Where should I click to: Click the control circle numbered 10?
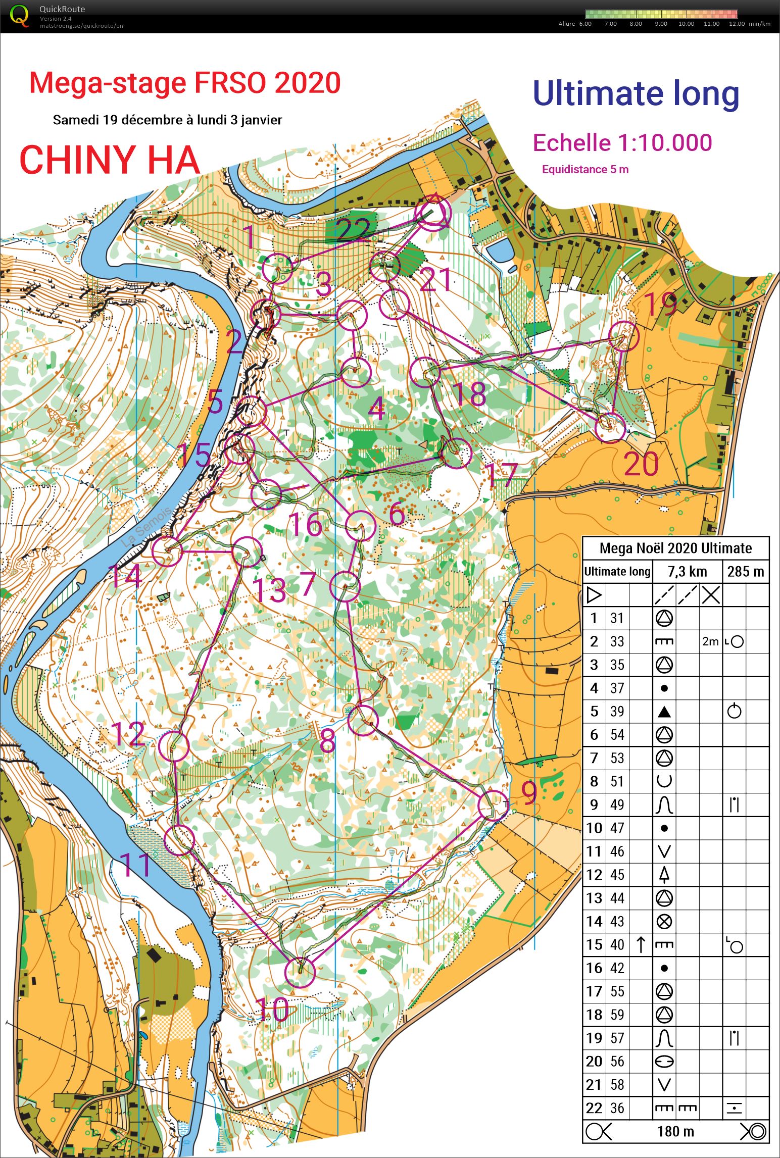point(300,972)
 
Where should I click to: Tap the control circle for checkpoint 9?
point(493,805)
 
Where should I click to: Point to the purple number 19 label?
point(661,305)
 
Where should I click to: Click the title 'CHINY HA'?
point(110,160)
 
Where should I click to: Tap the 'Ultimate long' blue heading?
point(636,94)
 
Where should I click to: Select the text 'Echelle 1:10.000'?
point(622,143)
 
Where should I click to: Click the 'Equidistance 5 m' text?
point(585,170)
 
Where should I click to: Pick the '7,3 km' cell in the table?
point(687,572)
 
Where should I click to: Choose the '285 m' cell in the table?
point(745,572)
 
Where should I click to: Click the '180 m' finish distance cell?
point(675,1132)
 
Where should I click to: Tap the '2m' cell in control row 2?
point(710,641)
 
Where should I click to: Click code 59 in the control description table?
point(617,1015)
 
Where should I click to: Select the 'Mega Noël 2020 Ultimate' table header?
point(675,548)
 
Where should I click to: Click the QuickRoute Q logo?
point(20,15)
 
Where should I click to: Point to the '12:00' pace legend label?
point(737,24)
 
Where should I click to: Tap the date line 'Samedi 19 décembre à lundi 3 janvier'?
point(167,120)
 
